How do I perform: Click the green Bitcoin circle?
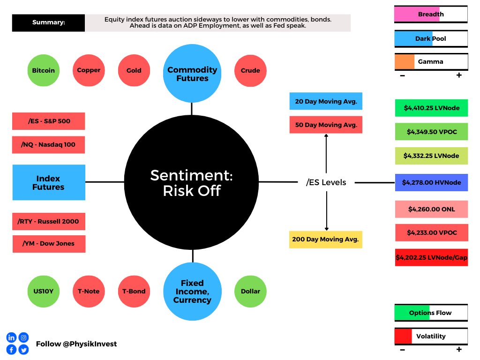[x=44, y=70]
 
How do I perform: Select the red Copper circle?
[x=89, y=70]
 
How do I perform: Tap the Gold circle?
[x=134, y=70]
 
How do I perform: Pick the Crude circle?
[x=250, y=71]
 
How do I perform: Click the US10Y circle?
[x=44, y=292]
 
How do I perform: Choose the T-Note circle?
[x=89, y=292]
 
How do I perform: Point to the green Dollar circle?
[x=250, y=292]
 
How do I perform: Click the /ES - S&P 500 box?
[x=49, y=121]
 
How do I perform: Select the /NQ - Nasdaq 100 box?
[x=48, y=145]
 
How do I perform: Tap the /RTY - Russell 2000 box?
[x=49, y=221]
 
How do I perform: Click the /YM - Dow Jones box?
[x=49, y=244]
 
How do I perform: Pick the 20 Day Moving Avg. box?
[x=326, y=101]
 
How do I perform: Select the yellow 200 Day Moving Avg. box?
[x=326, y=240]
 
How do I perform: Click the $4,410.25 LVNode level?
[x=432, y=108]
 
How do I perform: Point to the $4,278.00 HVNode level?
[x=432, y=182]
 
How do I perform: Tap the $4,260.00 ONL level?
[x=432, y=209]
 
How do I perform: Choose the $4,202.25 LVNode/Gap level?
[x=432, y=257]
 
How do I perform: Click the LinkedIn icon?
[x=11, y=337]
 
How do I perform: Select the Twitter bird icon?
[x=23, y=350]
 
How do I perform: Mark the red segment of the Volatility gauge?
[x=404, y=337]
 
